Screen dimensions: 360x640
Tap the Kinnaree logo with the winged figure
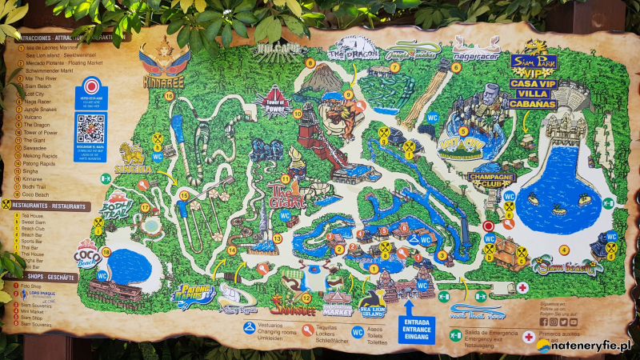[x=164, y=63]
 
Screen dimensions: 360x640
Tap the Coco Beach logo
[x=86, y=254]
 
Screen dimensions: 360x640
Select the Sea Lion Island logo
[x=372, y=307]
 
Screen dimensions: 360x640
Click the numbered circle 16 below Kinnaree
[x=169, y=95]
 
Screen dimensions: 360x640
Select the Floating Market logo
[x=338, y=303]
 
